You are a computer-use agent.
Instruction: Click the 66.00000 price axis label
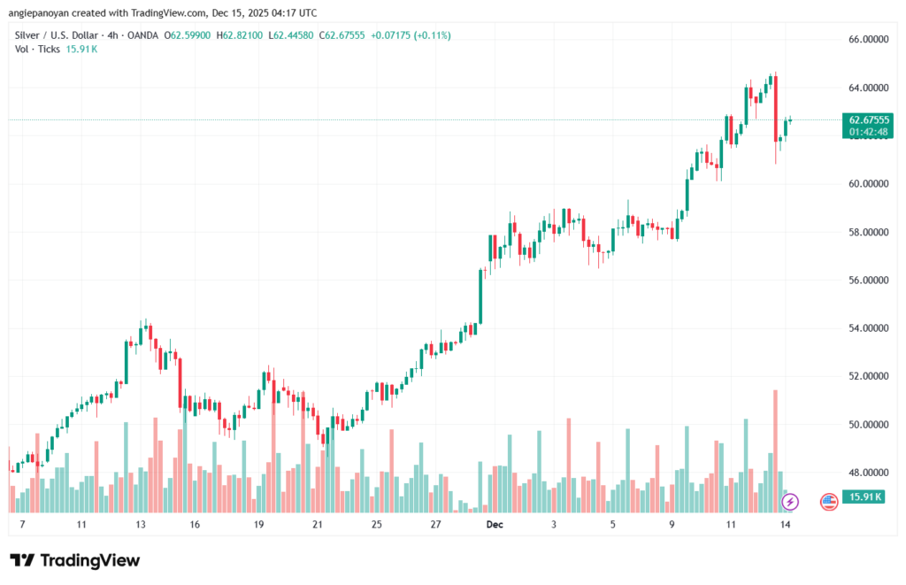[x=869, y=40]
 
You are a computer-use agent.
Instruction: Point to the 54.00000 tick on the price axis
[x=869, y=328]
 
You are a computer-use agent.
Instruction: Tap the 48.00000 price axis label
[x=869, y=473]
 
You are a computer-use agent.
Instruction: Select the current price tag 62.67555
[x=869, y=119]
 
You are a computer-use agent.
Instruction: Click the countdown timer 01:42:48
[x=869, y=132]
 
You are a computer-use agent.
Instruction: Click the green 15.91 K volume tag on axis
[x=864, y=497]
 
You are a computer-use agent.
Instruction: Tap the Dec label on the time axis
[x=495, y=525]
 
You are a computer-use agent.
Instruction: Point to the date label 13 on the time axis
[x=140, y=525]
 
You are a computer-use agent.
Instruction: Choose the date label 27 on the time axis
[x=435, y=525]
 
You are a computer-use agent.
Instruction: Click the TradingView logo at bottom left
[x=74, y=560]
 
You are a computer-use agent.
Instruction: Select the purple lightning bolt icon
[x=791, y=502]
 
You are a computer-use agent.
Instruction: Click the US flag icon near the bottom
[x=829, y=502]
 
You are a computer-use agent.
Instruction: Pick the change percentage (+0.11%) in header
[x=432, y=35]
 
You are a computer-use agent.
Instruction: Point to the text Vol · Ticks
[x=37, y=49]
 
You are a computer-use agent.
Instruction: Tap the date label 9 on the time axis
[x=672, y=525]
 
